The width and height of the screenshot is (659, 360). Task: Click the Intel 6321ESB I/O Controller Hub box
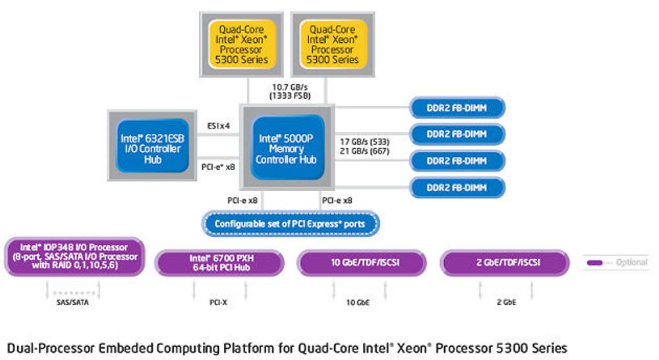coord(152,146)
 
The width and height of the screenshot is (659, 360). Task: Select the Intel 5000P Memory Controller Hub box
coord(287,148)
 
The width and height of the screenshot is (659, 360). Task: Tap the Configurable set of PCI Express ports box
coord(291,224)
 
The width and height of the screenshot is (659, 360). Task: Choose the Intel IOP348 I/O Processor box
coord(75,256)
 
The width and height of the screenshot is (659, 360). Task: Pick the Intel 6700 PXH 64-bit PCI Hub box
coord(219,263)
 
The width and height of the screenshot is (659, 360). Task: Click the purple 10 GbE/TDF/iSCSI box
coord(362,263)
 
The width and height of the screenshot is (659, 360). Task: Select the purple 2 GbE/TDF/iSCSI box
coord(505,263)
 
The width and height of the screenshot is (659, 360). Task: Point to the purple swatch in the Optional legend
coord(594,263)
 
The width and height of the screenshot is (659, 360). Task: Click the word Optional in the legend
coord(631,262)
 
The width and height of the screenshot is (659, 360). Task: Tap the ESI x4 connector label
coord(219,126)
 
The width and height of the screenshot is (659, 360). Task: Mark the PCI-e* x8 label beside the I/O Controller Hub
coord(218,167)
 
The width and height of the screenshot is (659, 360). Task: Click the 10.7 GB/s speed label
coord(290,87)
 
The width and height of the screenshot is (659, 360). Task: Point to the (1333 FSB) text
coord(290,96)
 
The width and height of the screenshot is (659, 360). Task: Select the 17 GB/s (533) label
coord(364,142)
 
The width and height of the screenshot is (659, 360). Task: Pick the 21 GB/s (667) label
coord(364,151)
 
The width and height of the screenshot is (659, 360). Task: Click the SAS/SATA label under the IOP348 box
coord(72,302)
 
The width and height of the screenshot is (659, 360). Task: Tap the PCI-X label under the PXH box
coord(218,302)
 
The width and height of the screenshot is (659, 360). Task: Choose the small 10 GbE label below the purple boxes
coord(358,302)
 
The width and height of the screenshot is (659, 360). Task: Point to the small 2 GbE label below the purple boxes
coord(506,302)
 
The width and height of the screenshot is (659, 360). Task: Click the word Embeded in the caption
coord(126,348)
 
